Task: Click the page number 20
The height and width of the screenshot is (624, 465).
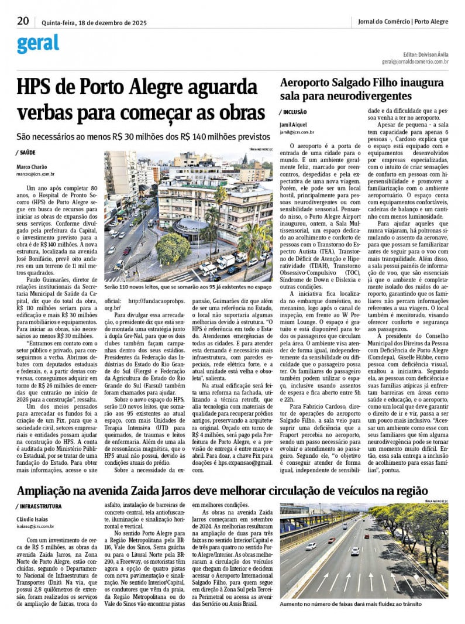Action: coord(23,21)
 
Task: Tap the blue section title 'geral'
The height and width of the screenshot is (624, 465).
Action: coord(38,43)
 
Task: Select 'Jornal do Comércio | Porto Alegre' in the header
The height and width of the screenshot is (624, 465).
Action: coord(403,22)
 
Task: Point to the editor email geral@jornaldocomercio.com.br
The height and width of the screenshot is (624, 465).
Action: coord(415,61)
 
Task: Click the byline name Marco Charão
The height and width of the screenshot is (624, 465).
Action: coord(32,167)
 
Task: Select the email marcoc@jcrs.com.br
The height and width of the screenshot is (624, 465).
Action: coord(36,174)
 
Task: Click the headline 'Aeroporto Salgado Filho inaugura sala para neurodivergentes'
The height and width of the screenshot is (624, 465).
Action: coord(361,89)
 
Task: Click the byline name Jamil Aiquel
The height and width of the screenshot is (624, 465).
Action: coord(294,125)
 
